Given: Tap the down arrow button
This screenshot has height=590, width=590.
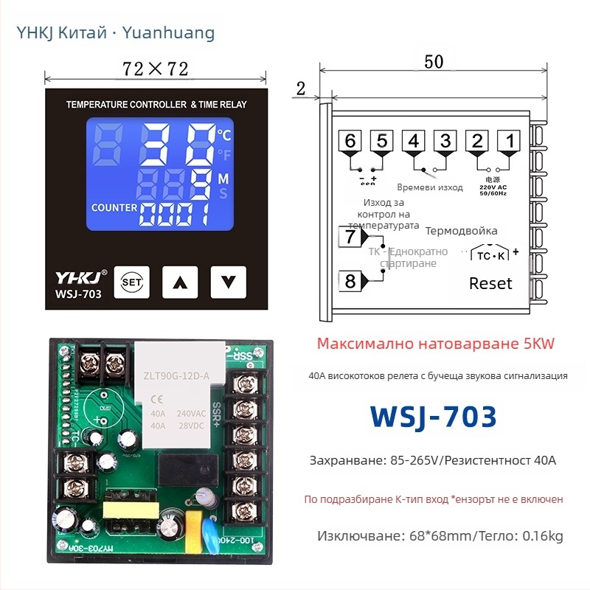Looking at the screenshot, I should (227, 282).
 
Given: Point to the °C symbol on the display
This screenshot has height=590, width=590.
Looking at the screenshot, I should (223, 134).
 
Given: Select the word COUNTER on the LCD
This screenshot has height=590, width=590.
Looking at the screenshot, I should (114, 208).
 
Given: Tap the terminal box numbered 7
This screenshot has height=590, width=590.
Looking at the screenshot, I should (350, 237).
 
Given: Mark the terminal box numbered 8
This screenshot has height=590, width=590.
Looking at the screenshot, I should (350, 281).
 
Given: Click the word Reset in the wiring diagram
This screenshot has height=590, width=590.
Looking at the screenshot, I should (490, 283).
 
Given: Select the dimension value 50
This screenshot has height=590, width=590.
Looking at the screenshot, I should (434, 62).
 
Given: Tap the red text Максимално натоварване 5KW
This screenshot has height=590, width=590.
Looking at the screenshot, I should (435, 344).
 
